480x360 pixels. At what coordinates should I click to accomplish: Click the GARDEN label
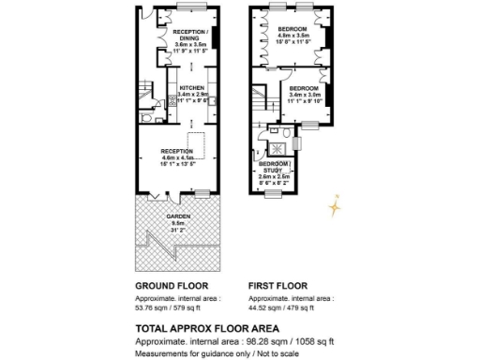pos(178,216)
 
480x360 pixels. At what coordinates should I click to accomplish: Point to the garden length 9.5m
pos(178,222)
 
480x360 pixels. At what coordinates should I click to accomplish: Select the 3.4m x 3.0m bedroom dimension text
pos(306,94)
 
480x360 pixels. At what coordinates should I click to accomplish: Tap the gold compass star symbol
pos(335,204)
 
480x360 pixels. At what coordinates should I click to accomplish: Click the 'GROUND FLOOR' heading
pos(172,285)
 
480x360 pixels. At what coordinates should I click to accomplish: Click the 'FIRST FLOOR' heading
pos(278,285)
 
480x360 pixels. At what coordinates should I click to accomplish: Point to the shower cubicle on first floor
pos(277,146)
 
